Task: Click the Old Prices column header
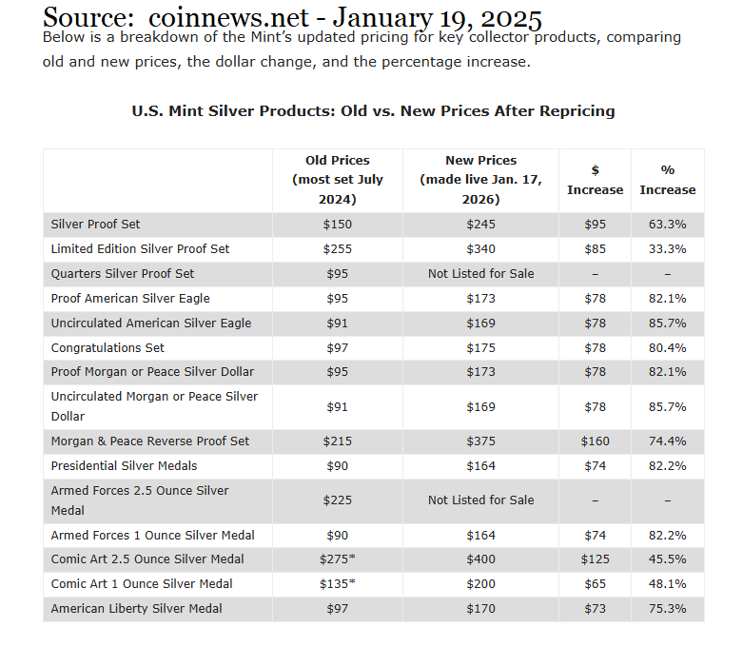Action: (x=337, y=180)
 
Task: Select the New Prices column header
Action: (x=480, y=180)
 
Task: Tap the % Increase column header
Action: (x=667, y=180)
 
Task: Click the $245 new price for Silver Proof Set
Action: (x=480, y=225)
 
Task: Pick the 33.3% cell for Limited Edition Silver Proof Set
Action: (x=667, y=249)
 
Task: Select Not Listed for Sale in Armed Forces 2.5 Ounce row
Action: (x=480, y=500)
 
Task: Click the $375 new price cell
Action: (x=480, y=441)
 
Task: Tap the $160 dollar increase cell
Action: (x=595, y=441)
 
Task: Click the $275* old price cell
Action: (x=338, y=559)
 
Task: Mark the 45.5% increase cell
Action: (x=667, y=559)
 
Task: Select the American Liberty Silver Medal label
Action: (x=138, y=609)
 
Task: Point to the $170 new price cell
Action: (x=480, y=609)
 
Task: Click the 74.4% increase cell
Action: (x=667, y=441)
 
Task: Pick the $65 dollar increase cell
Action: (x=595, y=584)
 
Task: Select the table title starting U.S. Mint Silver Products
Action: (x=373, y=111)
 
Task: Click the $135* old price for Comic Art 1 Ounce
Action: (x=338, y=584)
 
